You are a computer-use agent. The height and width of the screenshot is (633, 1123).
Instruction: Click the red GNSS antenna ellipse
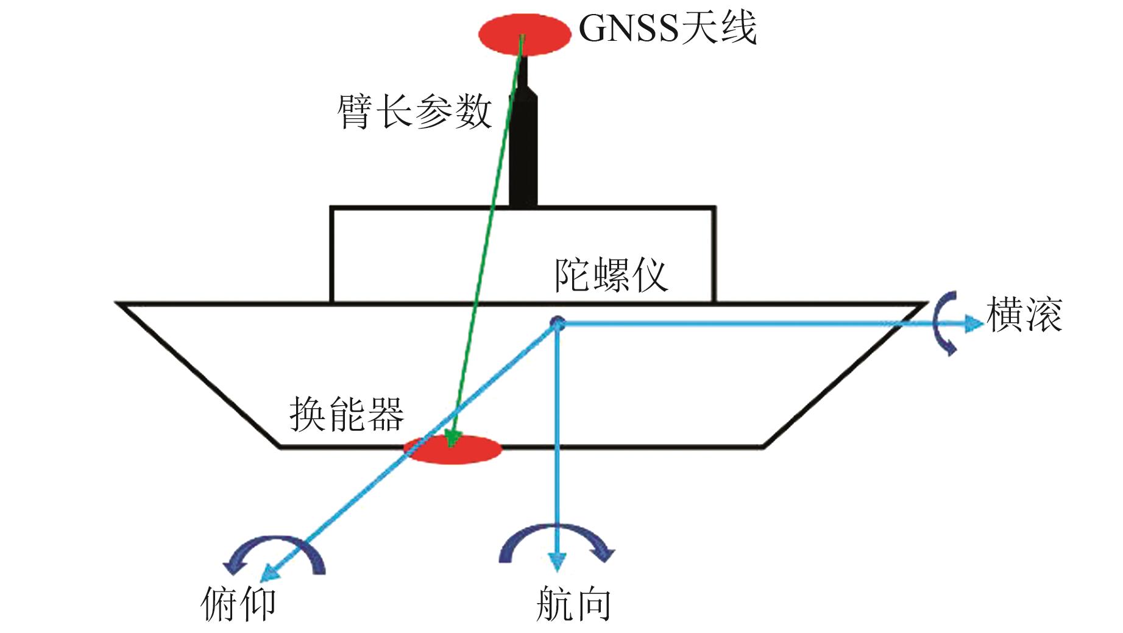pyautogui.click(x=523, y=34)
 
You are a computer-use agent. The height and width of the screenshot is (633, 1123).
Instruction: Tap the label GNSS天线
pyautogui.click(x=667, y=28)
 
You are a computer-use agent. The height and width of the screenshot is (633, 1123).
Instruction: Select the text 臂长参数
pyautogui.click(x=414, y=112)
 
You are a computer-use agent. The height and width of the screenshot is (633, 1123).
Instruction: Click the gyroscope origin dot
pyautogui.click(x=557, y=323)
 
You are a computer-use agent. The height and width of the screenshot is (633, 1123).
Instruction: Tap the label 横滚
pyautogui.click(x=1024, y=315)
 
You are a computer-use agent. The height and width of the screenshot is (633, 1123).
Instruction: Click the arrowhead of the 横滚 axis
pyautogui.click(x=974, y=324)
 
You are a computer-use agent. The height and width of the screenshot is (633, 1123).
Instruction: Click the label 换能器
pyautogui.click(x=346, y=415)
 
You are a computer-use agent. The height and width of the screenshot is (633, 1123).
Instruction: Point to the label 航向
pyautogui.click(x=573, y=604)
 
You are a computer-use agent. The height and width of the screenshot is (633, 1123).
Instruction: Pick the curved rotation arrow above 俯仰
pyautogui.click(x=274, y=551)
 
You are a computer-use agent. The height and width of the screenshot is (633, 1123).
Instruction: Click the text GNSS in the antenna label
pyautogui.click(x=628, y=28)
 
